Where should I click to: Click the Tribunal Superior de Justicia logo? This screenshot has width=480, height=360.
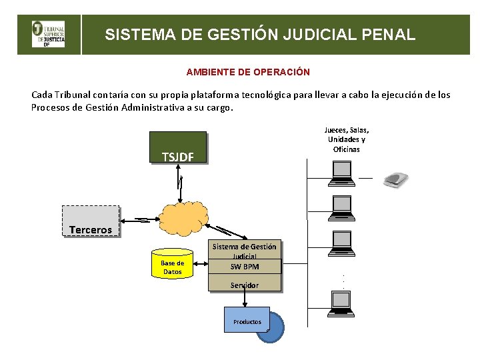[x=48, y=34]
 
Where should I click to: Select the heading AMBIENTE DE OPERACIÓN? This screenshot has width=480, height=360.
[x=248, y=71]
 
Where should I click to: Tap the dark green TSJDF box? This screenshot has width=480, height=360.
[x=178, y=147]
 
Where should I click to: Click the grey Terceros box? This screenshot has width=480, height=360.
[x=91, y=221]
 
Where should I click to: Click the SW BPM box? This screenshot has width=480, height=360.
[x=245, y=267]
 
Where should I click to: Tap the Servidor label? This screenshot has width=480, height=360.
[x=245, y=285]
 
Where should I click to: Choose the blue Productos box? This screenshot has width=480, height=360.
[x=246, y=320]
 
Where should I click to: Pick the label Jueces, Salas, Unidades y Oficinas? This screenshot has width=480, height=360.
[x=346, y=139]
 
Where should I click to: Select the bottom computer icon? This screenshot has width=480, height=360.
[x=343, y=303]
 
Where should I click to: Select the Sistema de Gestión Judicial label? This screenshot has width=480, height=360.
[x=245, y=250]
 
